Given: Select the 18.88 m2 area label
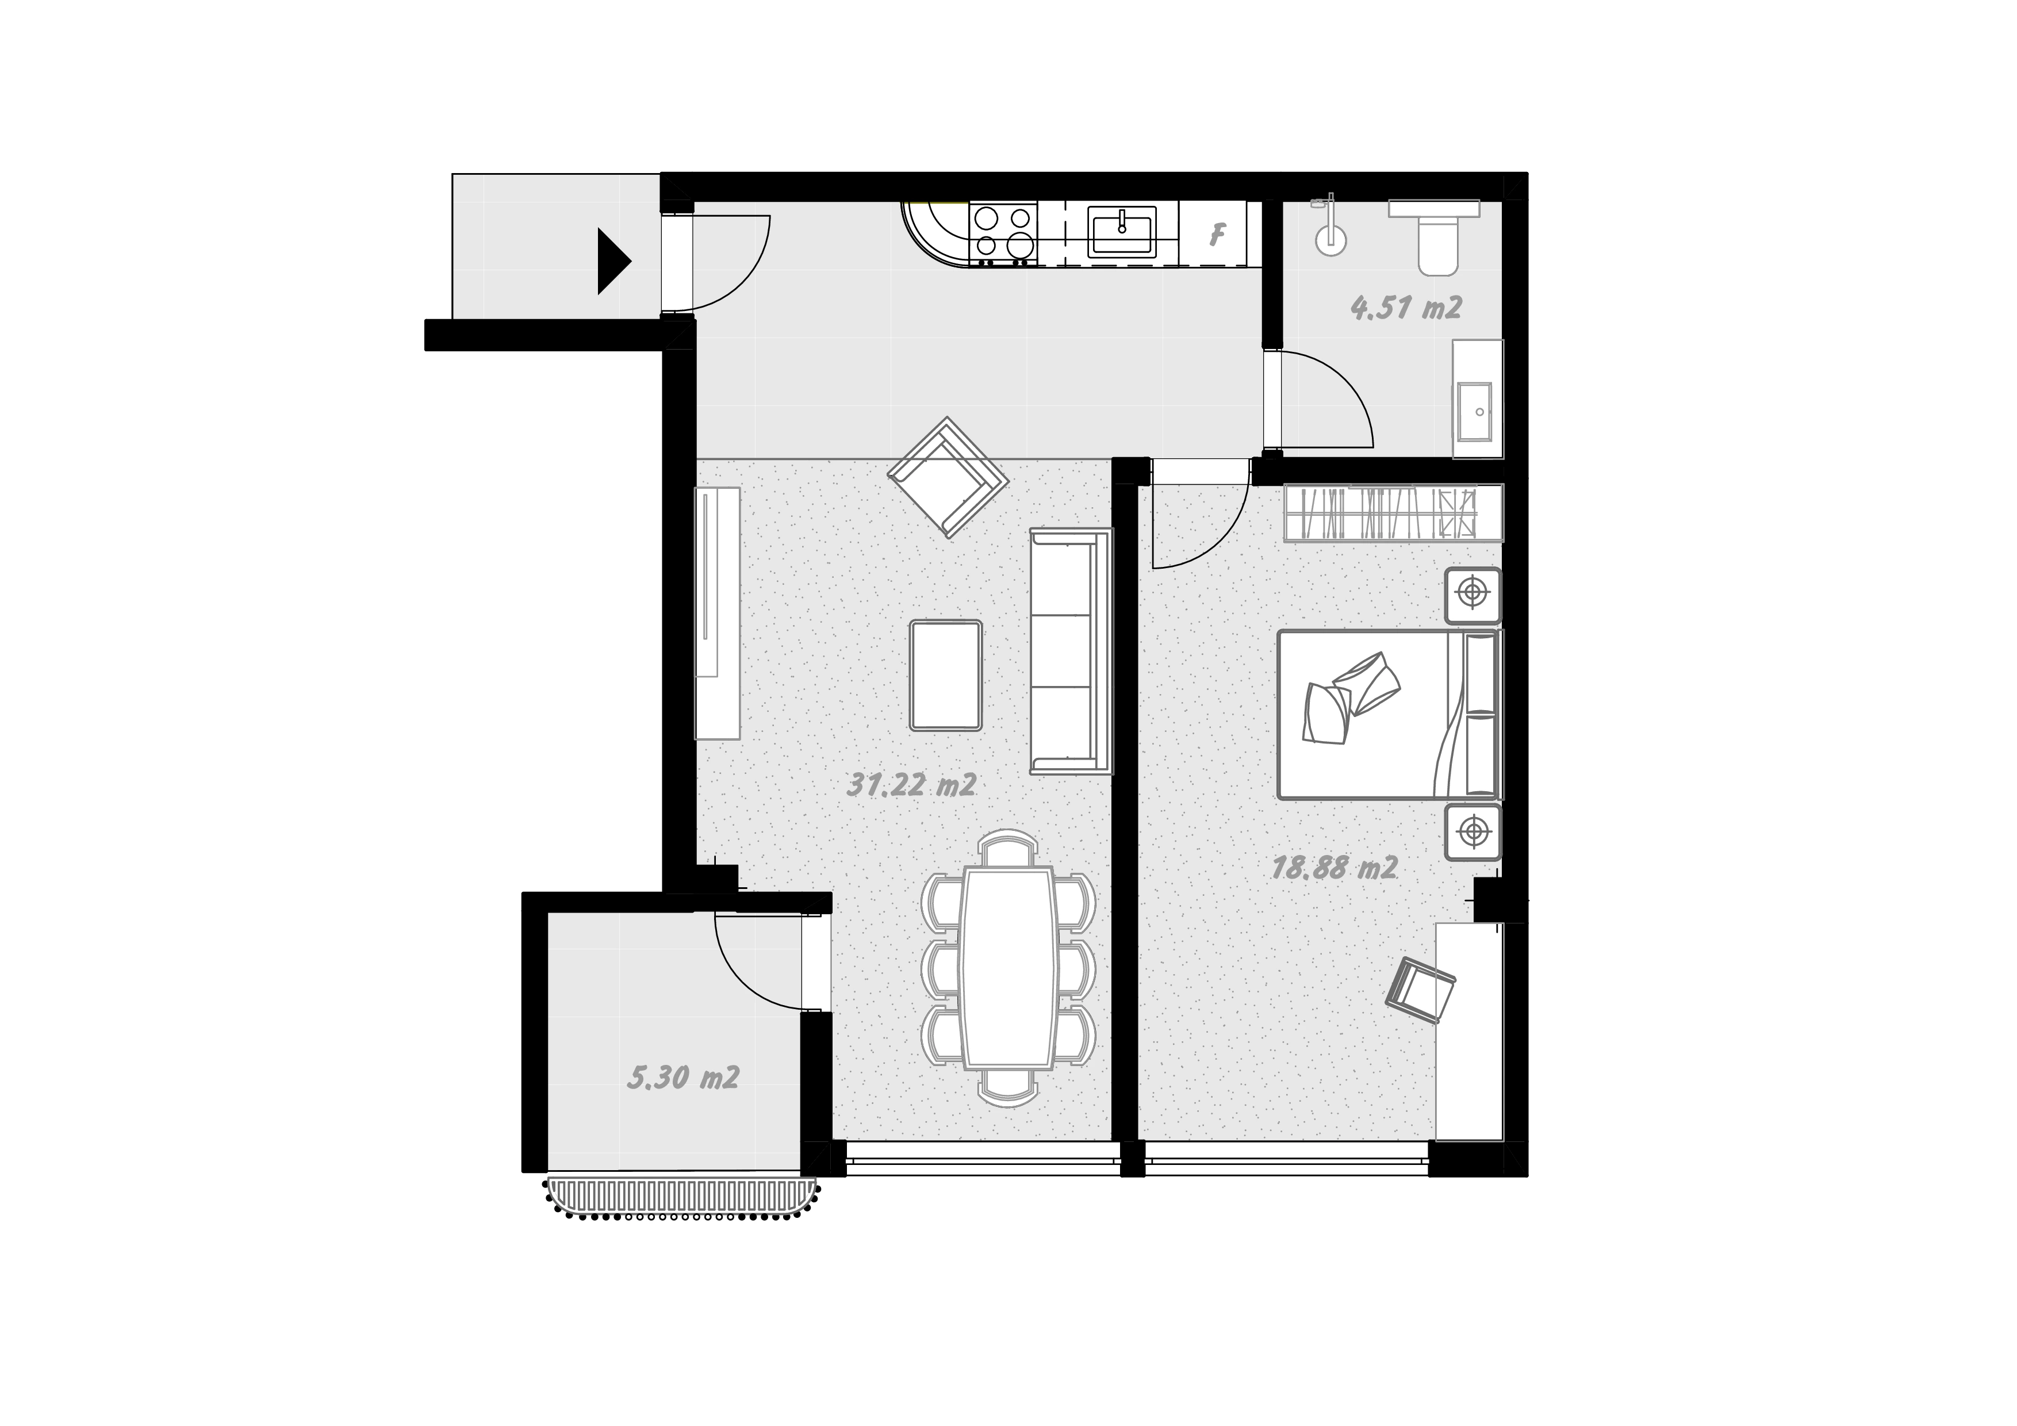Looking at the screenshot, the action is [1335, 868].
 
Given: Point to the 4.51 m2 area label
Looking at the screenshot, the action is [1406, 308].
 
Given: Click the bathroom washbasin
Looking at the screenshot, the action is [1478, 411].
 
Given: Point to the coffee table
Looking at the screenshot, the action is [946, 675].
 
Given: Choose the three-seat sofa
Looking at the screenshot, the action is [1071, 651].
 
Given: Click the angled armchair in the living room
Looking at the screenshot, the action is [948, 477].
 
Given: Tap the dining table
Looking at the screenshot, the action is [1009, 967].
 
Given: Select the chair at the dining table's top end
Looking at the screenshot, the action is [1009, 850].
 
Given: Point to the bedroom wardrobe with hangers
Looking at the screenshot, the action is [1393, 512].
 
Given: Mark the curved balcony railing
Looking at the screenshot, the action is [682, 1198].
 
